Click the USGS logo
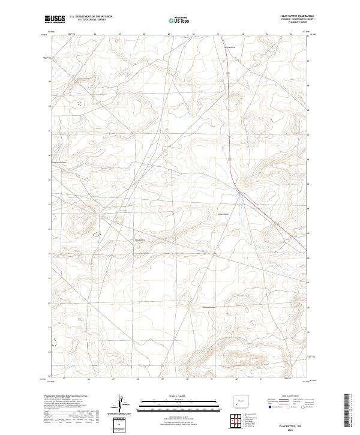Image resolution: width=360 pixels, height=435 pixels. point(55,19)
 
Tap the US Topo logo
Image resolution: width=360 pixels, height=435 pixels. point(180,20)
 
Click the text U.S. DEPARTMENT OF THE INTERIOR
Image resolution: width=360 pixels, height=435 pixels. point(91,17)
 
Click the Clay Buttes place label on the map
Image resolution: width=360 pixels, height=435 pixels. point(140,241)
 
